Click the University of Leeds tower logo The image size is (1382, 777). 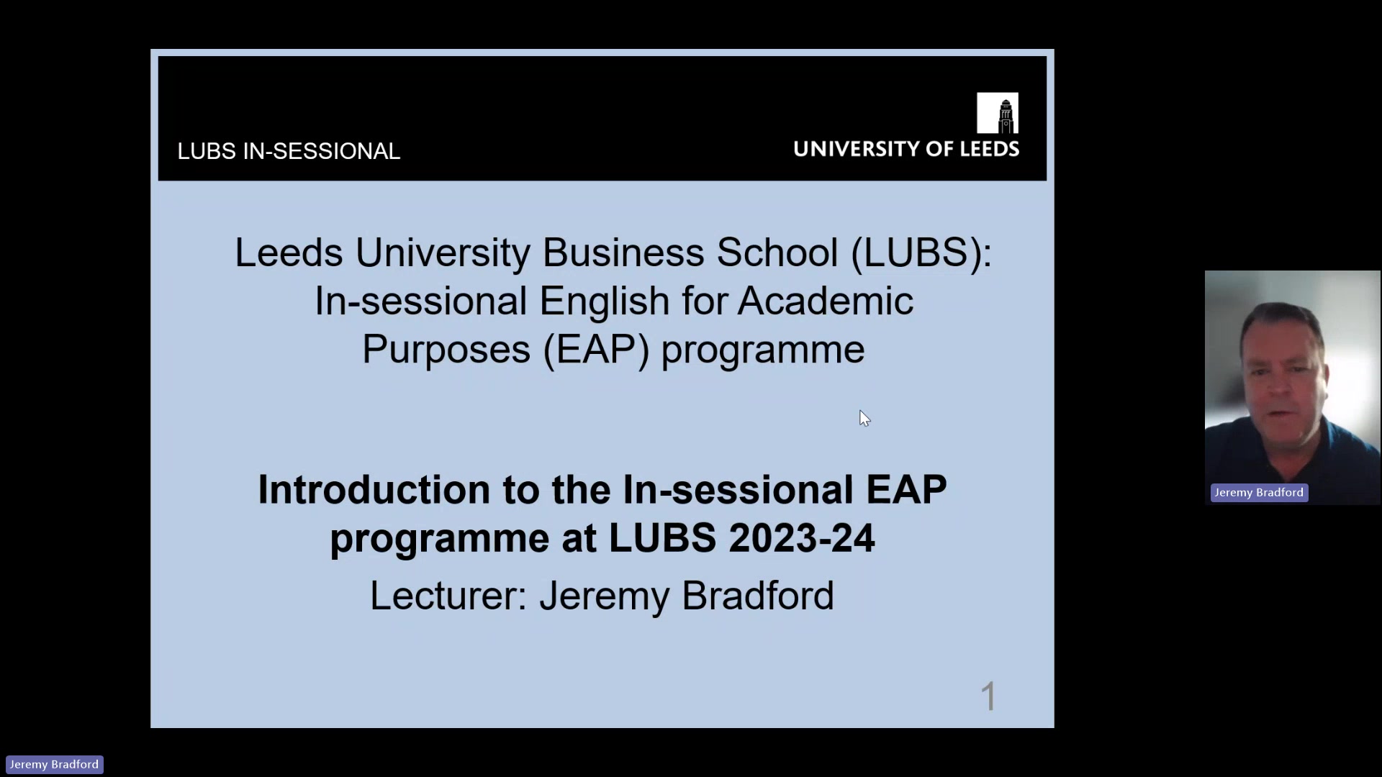click(997, 113)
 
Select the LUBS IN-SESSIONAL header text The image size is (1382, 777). click(289, 151)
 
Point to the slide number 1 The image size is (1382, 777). click(989, 696)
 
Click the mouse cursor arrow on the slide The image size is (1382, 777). click(864, 417)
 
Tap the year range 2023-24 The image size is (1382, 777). click(801, 538)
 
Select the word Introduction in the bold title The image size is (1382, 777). click(374, 490)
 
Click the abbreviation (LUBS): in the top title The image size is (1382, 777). click(921, 253)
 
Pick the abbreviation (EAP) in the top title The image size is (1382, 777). click(597, 350)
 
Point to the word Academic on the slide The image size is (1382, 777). click(825, 301)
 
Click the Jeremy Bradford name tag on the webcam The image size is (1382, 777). click(1259, 493)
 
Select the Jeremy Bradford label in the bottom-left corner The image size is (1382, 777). click(54, 764)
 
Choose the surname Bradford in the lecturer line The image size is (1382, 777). click(757, 596)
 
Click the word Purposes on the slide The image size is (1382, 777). click(446, 350)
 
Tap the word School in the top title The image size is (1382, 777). click(777, 253)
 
